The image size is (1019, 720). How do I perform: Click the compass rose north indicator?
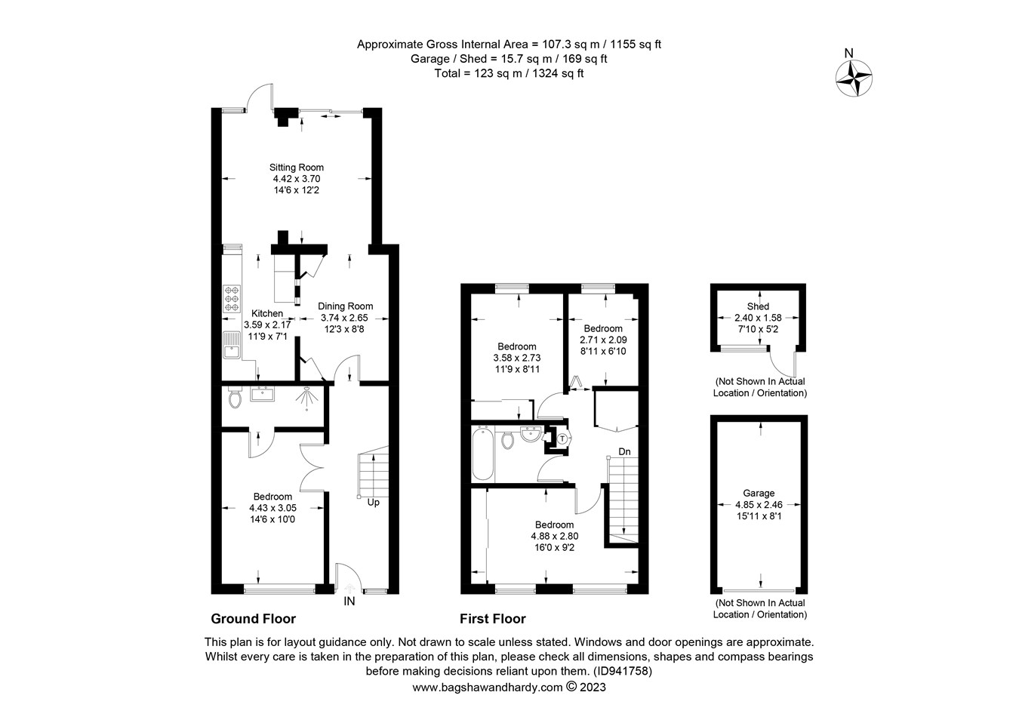click(854, 76)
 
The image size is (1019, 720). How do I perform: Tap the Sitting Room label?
click(297, 168)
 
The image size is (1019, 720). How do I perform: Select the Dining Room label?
click(345, 306)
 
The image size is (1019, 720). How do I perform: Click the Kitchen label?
click(267, 313)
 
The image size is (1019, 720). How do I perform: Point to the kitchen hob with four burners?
click(231, 298)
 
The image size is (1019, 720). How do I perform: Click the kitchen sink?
click(230, 346)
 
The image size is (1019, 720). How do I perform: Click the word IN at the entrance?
click(349, 602)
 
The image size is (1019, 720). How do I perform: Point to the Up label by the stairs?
click(373, 502)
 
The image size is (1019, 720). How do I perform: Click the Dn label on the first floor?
click(624, 451)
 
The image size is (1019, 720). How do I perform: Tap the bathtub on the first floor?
click(483, 454)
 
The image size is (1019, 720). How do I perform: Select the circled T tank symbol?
click(562, 438)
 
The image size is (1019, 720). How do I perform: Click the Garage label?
click(759, 493)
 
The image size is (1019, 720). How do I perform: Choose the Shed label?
click(758, 306)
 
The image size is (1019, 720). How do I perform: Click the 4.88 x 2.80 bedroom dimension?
click(554, 537)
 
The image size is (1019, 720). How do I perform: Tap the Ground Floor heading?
click(253, 619)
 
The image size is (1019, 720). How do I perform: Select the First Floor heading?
click(493, 619)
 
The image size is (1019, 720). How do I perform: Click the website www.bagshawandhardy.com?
click(488, 688)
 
